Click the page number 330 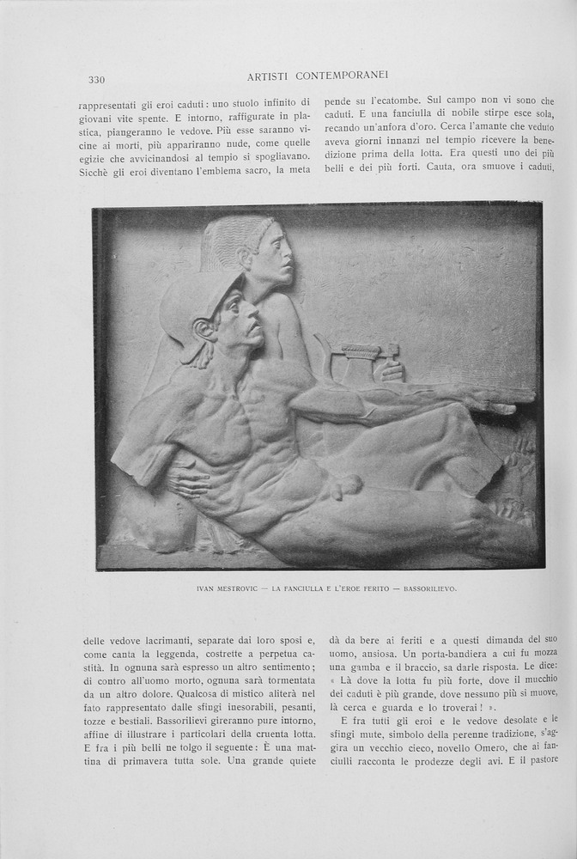pyautogui.click(x=96, y=80)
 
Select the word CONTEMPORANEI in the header pyautogui.click(x=339, y=76)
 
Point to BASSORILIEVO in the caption pyautogui.click(x=428, y=589)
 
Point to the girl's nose pyautogui.click(x=288, y=252)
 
